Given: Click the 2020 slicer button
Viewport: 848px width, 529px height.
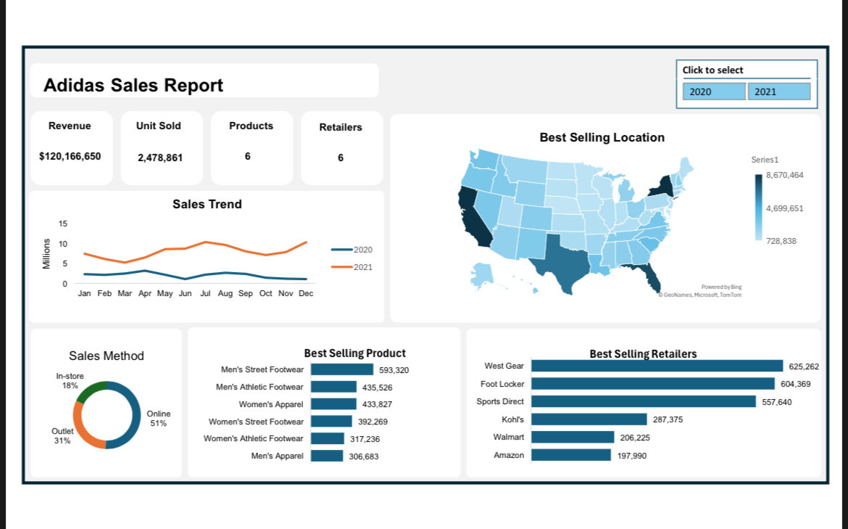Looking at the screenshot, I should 713,91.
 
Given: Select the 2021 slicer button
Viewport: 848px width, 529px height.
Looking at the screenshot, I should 778,91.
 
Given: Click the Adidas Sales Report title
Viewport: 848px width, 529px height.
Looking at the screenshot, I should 133,86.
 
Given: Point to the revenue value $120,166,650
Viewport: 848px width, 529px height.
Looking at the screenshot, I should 70,156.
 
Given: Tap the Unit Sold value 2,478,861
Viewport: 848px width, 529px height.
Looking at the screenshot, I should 160,157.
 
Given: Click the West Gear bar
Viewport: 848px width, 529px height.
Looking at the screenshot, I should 657,366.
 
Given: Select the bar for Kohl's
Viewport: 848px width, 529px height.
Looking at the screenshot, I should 589,419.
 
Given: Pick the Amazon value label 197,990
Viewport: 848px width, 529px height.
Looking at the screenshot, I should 632,456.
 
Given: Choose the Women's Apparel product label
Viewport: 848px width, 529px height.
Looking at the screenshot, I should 271,404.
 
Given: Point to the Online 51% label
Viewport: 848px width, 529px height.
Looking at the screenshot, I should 158,418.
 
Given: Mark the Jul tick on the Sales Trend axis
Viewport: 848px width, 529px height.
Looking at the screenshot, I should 205,294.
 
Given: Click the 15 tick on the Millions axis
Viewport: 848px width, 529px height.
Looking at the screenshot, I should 63,224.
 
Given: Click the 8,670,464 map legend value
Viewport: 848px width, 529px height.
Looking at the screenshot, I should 784,176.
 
